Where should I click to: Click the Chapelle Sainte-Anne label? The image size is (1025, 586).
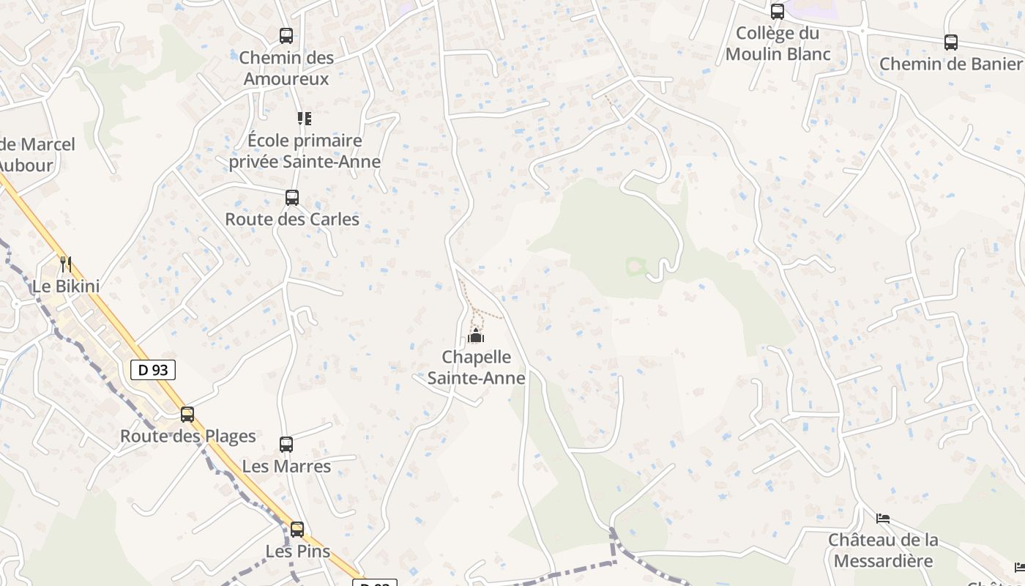(477, 367)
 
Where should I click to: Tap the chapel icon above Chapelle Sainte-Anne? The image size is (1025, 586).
(476, 336)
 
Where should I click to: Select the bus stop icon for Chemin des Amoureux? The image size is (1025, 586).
(286, 35)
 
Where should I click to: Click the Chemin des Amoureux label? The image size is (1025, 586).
(286, 67)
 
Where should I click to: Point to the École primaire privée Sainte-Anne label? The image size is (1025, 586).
(305, 151)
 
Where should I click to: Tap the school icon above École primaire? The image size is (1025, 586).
(305, 118)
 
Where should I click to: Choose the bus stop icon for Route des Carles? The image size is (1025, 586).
(292, 197)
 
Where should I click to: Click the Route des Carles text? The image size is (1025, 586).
(292, 219)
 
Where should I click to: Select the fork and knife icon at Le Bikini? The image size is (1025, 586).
(66, 264)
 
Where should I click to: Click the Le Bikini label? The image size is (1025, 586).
(66, 286)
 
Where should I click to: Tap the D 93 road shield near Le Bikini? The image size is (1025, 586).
(153, 370)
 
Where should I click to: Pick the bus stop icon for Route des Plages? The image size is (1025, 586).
(187, 414)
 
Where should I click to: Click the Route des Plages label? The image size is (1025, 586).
(188, 436)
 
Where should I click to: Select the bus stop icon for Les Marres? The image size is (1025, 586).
(286, 444)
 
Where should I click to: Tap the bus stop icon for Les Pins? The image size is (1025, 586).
(297, 529)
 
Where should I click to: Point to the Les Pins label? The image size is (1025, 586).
(298, 551)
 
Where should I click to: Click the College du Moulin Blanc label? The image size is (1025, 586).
(778, 43)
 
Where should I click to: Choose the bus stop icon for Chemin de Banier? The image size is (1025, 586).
(951, 42)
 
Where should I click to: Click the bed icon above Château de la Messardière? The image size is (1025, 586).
(883, 519)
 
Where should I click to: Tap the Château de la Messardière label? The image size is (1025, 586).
(883, 550)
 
